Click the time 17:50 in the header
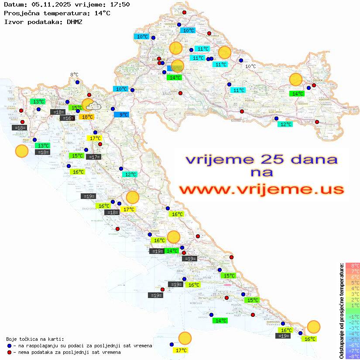point(120,4)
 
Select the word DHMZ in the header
point(74,22)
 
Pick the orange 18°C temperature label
point(86,117)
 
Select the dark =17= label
point(94,157)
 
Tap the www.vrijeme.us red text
point(261,189)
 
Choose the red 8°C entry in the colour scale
point(353,265)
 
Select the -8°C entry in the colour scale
point(353,356)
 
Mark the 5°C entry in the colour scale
point(353,282)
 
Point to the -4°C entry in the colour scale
point(353,333)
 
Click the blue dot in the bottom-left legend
point(10,346)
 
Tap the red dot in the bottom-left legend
point(10,352)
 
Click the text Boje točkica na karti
point(35,339)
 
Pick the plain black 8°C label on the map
point(74,75)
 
